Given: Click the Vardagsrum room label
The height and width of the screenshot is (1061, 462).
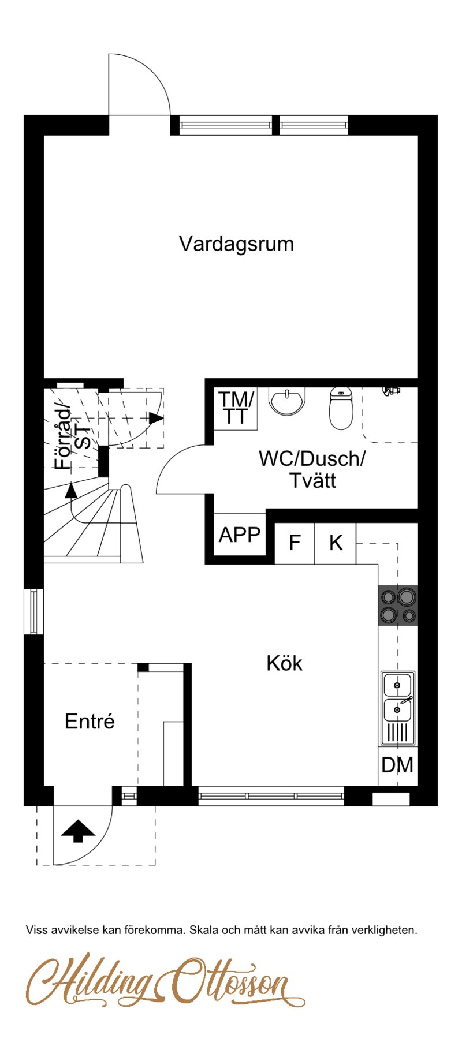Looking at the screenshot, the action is click(x=236, y=244).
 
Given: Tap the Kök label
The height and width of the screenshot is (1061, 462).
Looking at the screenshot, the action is click(x=284, y=663).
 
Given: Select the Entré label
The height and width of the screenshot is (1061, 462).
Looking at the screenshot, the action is click(x=90, y=721).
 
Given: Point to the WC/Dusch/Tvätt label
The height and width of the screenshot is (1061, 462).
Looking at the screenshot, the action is click(x=312, y=469).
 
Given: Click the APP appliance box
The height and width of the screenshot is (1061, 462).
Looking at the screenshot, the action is click(x=240, y=535).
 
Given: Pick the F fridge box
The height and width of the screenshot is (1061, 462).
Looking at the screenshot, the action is click(x=295, y=543).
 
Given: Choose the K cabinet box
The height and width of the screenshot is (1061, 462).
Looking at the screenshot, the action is click(x=336, y=543).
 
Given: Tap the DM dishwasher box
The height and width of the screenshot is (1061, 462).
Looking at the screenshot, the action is click(x=397, y=765).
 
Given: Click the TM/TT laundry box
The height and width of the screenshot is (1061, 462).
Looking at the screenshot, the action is click(x=236, y=408).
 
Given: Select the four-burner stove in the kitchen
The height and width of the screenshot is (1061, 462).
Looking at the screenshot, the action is click(x=398, y=606).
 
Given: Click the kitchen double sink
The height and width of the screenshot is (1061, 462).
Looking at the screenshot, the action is click(x=398, y=708).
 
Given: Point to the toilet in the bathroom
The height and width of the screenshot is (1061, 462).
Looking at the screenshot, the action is click(x=341, y=408).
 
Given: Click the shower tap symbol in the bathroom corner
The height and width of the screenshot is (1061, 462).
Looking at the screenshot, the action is click(x=392, y=391).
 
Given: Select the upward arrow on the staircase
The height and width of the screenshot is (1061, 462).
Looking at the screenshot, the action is click(x=71, y=490).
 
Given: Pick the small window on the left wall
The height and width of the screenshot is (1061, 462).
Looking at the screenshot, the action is click(x=33, y=612).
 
